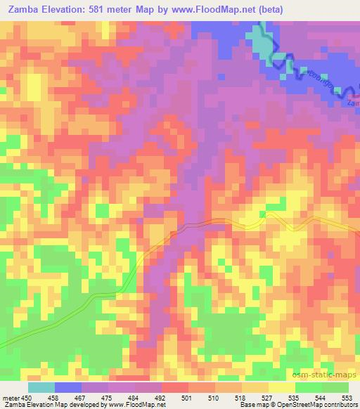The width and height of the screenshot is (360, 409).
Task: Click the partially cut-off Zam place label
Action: [x=353, y=103]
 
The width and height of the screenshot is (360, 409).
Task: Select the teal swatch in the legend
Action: [x=41, y=387]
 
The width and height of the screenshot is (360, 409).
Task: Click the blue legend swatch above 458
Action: [x=67, y=387]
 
